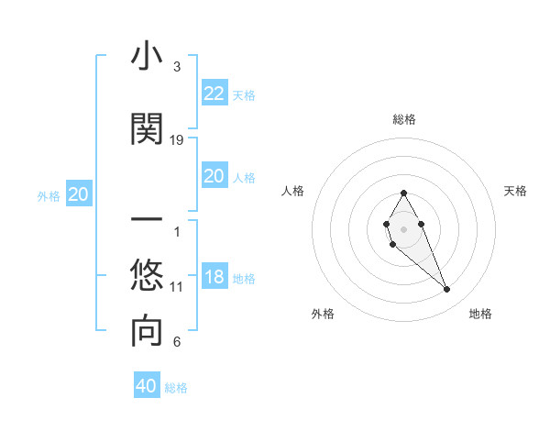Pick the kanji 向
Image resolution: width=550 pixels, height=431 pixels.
147,332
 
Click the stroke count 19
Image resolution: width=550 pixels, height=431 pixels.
177,140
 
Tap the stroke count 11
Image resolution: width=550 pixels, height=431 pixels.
177,287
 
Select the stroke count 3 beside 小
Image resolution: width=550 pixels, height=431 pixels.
177,67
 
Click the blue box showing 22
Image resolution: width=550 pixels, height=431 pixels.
214,94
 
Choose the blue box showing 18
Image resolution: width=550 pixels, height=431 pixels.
214,278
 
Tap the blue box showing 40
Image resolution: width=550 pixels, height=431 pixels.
146,386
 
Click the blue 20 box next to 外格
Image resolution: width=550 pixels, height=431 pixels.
79,194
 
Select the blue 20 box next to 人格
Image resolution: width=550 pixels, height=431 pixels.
214,177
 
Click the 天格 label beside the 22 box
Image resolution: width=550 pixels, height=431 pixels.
244,95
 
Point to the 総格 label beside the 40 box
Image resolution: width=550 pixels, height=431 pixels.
176,388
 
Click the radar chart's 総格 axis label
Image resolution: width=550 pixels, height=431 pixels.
404,119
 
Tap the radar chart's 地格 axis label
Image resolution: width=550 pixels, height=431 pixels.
480,314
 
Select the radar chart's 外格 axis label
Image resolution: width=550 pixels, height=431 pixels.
323,314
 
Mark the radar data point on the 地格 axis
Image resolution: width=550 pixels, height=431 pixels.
447,290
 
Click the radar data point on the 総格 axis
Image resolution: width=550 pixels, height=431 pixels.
403,193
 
